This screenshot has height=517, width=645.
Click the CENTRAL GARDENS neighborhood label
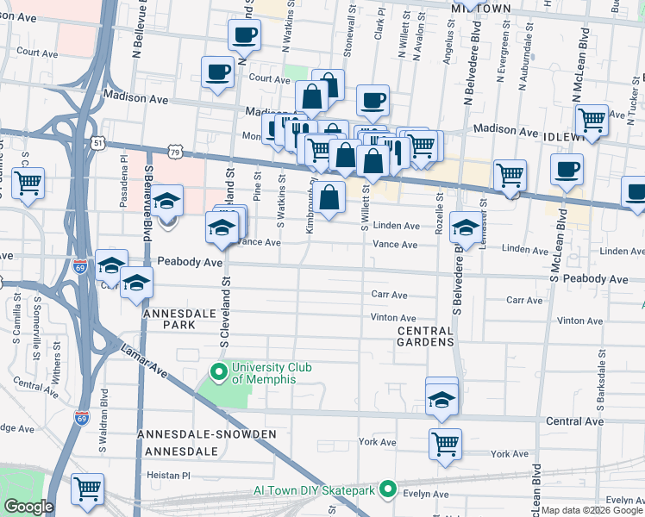pos(425,336)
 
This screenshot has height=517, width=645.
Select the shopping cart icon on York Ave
pos(445,444)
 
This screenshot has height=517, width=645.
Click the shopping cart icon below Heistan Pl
pos(87,489)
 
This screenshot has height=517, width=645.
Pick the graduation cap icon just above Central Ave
pos(442,399)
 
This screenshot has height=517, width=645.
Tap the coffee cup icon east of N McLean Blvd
pos(567,169)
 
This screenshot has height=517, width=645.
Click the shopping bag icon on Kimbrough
pos(329,196)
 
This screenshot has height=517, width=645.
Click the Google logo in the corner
pos(28,507)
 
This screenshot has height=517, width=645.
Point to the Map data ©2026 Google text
pos(592,510)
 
